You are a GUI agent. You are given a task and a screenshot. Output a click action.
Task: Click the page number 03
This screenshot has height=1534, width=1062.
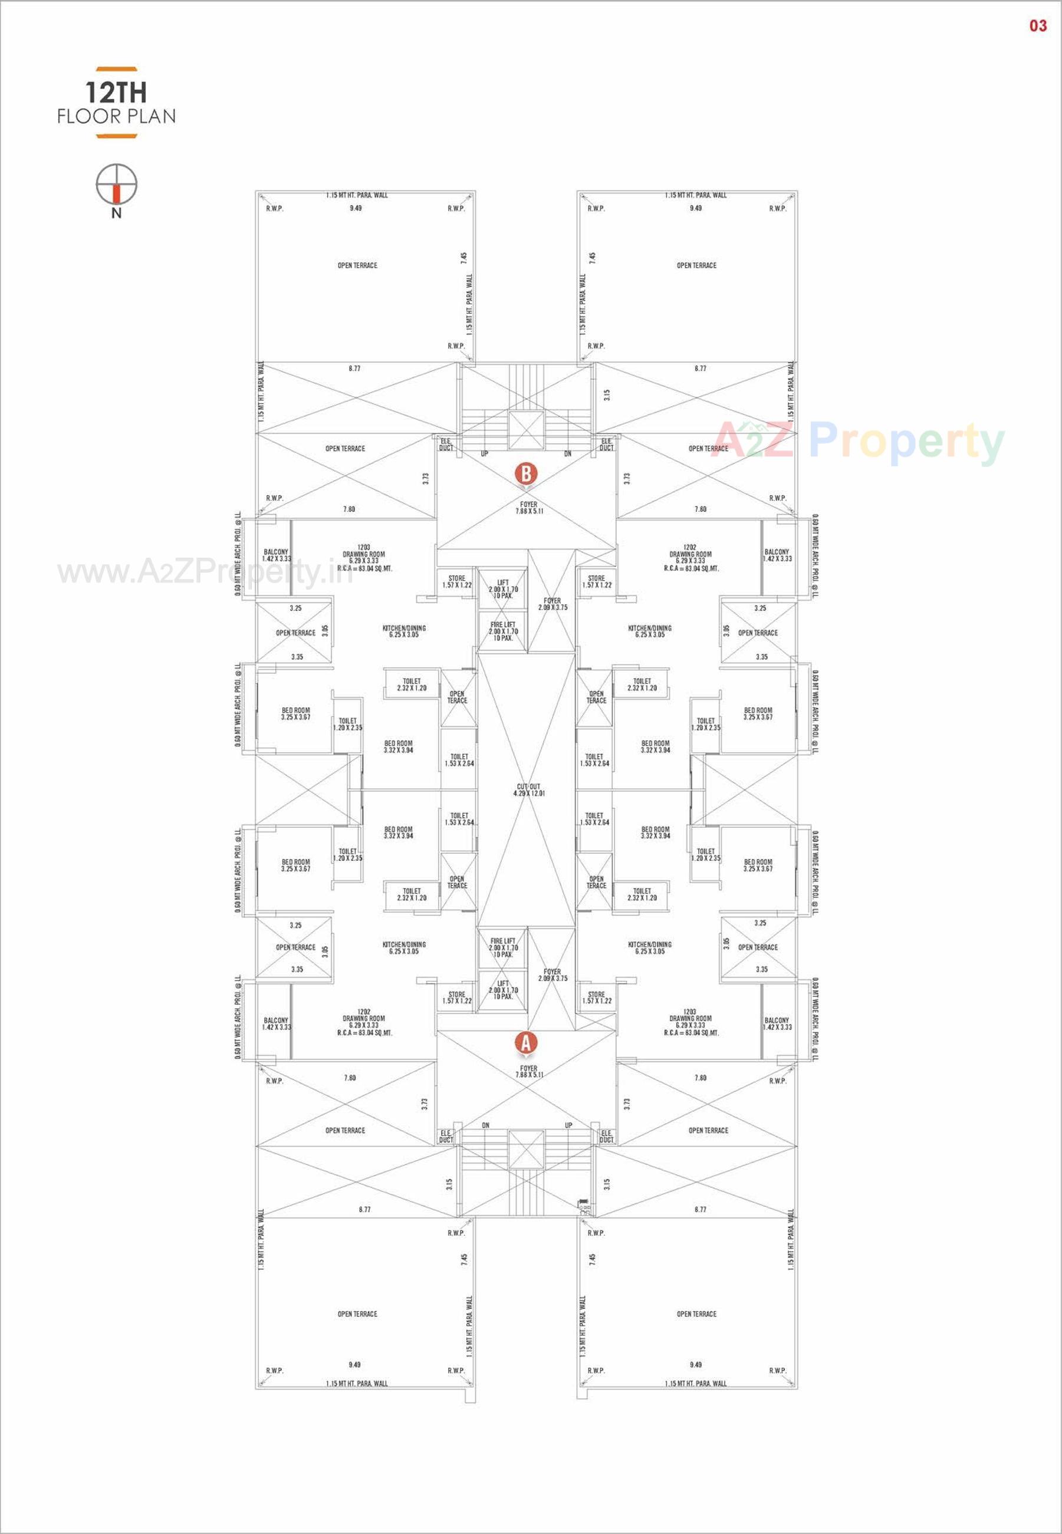click(1038, 26)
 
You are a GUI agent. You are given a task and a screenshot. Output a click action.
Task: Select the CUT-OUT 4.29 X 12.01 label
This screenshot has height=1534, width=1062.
click(530, 790)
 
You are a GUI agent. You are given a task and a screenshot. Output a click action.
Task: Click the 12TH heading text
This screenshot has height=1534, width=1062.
click(116, 93)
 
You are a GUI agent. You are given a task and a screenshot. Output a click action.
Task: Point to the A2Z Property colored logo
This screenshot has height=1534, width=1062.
click(858, 441)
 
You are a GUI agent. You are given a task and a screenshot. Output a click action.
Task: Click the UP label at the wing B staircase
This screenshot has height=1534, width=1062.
click(485, 454)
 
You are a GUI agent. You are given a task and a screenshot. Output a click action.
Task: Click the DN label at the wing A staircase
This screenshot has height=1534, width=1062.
click(485, 1125)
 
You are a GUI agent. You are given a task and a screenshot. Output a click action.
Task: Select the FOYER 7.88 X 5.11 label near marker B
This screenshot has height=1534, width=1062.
click(529, 508)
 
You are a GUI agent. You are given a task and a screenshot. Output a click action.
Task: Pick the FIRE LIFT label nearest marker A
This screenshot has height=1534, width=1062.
click(502, 948)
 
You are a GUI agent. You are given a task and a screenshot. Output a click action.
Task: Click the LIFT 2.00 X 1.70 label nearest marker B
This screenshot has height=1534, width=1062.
click(502, 590)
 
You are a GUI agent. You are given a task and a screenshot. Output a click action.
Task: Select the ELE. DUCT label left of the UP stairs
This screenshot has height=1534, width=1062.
click(446, 445)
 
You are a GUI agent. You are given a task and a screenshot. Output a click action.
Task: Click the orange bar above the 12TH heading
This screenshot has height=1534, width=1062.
click(116, 68)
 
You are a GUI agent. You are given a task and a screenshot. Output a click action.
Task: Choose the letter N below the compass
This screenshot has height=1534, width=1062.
click(116, 213)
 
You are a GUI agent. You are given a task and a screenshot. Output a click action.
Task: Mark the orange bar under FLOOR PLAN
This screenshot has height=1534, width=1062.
click(116, 137)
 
